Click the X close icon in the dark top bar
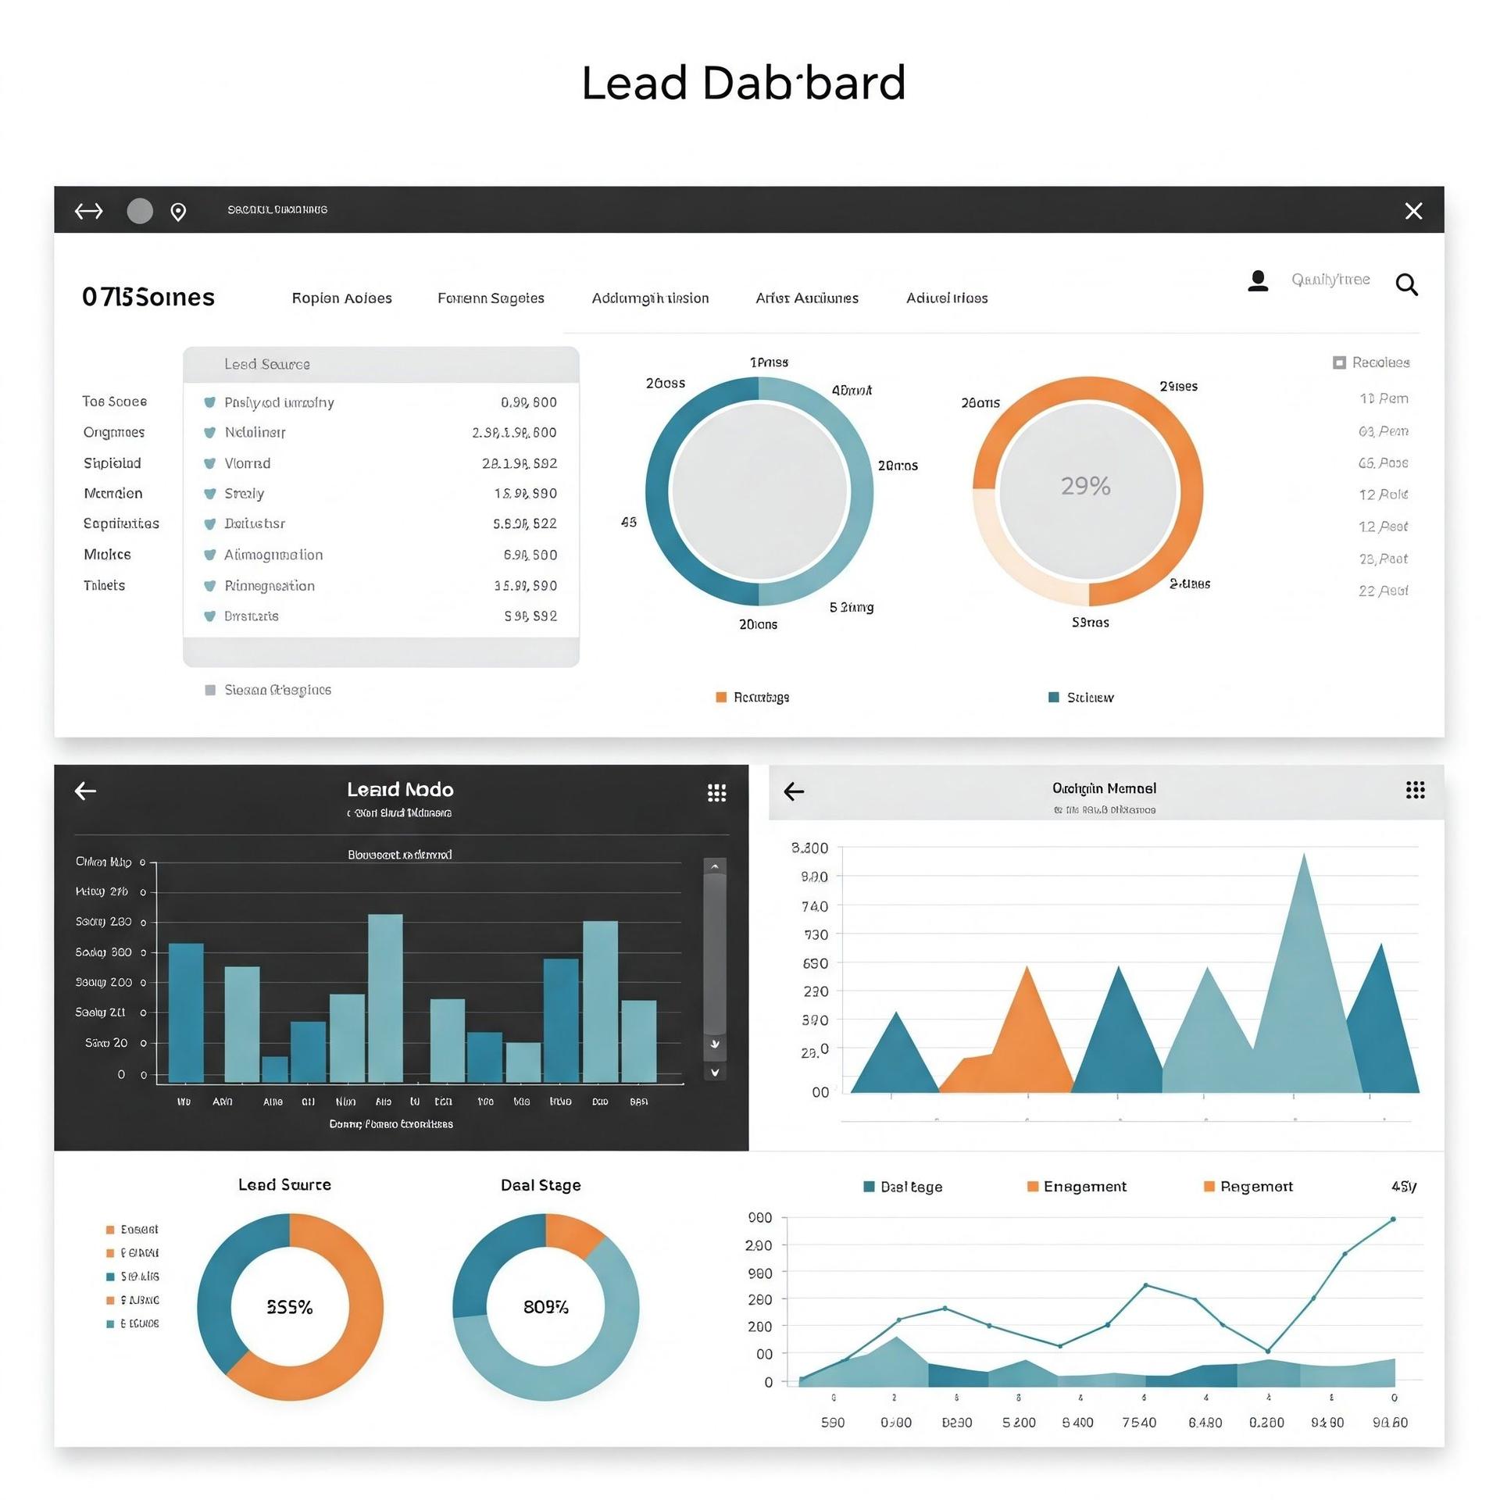coord(1413,211)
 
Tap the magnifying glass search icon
coord(1406,284)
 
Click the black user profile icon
coord(1258,280)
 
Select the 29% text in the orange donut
coord(1085,486)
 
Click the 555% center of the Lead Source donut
coord(290,1307)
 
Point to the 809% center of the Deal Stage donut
coord(545,1307)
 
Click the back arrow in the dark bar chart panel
coord(85,791)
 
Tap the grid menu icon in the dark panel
coord(716,793)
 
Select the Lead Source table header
coord(267,364)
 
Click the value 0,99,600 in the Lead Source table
coord(528,402)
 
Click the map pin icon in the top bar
coord(178,212)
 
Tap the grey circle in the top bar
coord(140,211)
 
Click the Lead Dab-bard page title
coord(743,83)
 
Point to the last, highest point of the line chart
coord(1392,1219)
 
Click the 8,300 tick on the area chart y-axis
coord(809,848)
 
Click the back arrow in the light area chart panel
coord(794,791)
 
